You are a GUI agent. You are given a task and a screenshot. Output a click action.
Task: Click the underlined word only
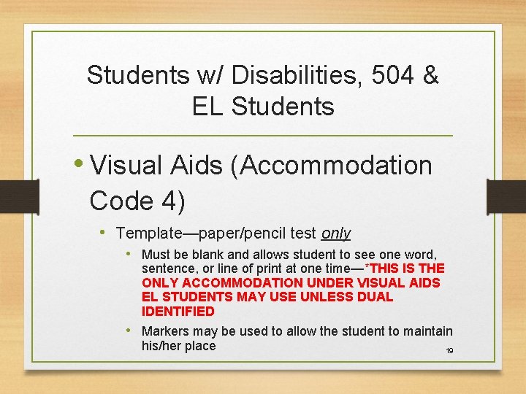point(336,234)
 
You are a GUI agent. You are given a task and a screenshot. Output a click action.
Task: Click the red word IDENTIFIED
point(178,312)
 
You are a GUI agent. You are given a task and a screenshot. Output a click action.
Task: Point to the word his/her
point(162,346)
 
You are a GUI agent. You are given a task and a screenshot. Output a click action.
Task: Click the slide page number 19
point(449,352)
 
